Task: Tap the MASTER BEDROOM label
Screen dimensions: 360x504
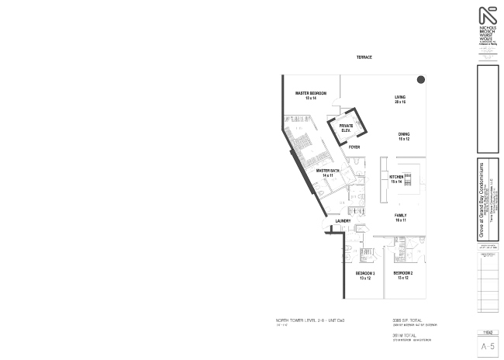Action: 310,93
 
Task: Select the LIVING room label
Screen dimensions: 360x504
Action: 400,97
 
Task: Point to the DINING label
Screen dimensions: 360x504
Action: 404,134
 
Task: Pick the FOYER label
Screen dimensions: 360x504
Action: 354,147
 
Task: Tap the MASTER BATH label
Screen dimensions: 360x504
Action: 327,171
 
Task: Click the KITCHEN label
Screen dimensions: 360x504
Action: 396,177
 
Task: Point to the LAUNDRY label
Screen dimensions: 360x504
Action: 343,221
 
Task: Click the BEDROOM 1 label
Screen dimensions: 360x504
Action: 365,274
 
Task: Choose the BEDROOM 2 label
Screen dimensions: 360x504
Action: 402,274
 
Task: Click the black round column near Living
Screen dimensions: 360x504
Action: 420,78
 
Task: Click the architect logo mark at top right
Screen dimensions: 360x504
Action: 488,16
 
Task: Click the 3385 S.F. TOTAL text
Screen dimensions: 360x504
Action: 408,319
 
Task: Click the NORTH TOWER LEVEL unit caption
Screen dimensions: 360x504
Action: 305,320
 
